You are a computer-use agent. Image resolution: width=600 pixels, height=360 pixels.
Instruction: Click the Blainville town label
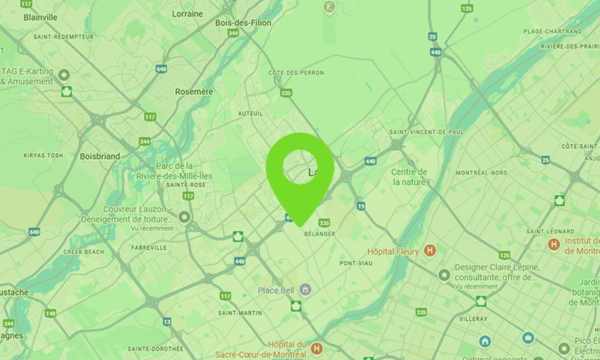click(x=40, y=17)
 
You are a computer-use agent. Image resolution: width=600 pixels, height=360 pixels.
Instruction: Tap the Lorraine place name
click(x=187, y=13)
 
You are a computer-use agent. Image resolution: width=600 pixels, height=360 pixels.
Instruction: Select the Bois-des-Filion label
click(x=243, y=23)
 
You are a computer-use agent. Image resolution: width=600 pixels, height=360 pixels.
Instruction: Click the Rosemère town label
click(x=194, y=92)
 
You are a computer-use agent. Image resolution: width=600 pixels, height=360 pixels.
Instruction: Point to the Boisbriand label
click(x=100, y=156)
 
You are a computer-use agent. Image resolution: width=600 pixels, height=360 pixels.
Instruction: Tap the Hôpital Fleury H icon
click(x=430, y=251)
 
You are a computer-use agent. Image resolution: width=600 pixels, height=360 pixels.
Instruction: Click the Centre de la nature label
click(x=409, y=177)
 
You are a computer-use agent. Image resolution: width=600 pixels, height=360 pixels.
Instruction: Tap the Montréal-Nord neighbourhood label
click(x=481, y=173)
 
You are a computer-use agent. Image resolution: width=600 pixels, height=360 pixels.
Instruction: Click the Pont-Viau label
click(x=356, y=263)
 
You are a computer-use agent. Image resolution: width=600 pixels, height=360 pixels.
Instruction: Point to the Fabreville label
click(x=149, y=247)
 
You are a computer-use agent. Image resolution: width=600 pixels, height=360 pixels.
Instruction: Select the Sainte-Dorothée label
click(x=155, y=348)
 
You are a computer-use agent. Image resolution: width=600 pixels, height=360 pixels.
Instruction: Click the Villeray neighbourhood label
click(x=473, y=319)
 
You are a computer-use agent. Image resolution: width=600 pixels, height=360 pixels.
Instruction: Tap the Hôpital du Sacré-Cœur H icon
click(x=317, y=347)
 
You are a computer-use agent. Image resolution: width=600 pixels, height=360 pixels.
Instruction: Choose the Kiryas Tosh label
click(x=43, y=155)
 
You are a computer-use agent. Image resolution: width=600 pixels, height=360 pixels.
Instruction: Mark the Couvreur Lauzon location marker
click(x=184, y=217)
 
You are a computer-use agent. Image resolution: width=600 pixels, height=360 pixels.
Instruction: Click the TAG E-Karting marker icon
click(x=64, y=75)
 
